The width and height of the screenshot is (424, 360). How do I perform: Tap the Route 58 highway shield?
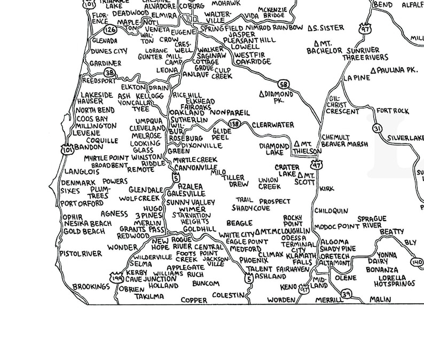coord(283,84)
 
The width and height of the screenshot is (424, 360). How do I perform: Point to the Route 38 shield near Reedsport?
coord(109,73)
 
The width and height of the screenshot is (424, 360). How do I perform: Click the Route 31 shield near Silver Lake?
coord(378,129)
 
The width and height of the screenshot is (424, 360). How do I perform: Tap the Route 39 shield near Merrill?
coord(347,293)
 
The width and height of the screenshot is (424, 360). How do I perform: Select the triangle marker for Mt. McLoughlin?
coord(257,232)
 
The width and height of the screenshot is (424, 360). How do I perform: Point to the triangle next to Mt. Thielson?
coord(297,144)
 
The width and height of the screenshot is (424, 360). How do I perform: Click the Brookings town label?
coord(91,287)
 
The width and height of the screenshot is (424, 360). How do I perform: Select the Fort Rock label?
coord(392,111)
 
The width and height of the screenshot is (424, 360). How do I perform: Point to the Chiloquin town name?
coord(331,212)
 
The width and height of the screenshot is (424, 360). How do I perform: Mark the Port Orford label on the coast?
coord(82,204)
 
